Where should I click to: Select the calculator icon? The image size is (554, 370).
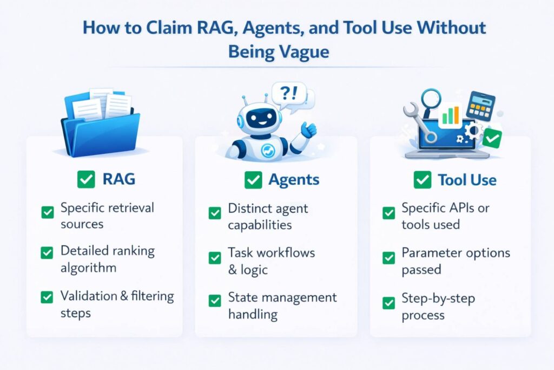tap(480, 105)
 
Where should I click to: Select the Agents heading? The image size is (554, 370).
tap(294, 180)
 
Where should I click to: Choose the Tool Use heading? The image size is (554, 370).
tap(467, 180)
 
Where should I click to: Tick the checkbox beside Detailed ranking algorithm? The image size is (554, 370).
tap(48, 252)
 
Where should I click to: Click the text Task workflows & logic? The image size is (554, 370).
tap(271, 261)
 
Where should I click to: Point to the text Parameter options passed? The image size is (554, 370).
tap(456, 261)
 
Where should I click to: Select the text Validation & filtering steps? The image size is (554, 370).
tap(117, 304)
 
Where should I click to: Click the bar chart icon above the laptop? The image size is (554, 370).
tap(450, 115)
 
